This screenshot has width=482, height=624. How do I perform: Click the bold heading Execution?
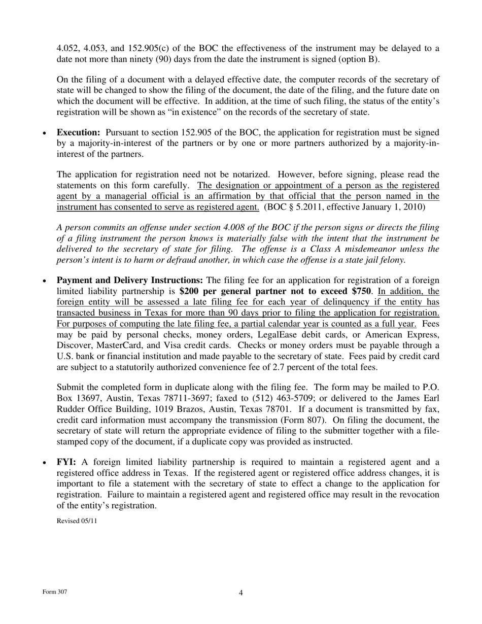pos(78,133)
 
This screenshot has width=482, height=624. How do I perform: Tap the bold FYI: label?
pos(66,462)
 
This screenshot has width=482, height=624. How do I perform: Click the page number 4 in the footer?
pos(240,593)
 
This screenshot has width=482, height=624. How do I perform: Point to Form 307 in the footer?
pos(54,592)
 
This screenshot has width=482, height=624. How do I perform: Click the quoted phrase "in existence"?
pos(224,112)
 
